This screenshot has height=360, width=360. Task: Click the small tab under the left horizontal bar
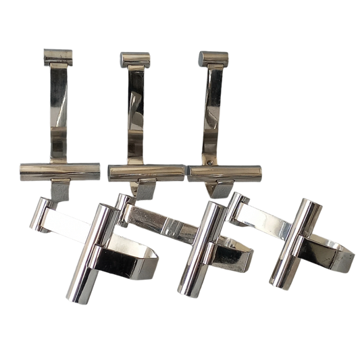(61, 192)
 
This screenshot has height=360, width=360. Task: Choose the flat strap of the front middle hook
(159, 223)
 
